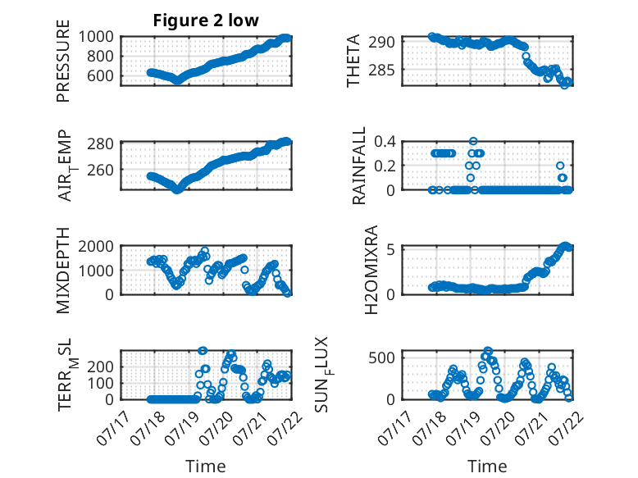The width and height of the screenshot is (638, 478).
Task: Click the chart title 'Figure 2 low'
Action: pos(206,20)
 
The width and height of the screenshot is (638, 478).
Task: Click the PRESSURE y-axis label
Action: pos(63,61)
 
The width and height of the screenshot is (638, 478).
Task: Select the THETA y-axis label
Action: pos(353,61)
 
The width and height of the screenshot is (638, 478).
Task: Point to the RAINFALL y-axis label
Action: pos(359,166)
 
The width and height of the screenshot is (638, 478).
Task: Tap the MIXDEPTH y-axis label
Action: pos(63,271)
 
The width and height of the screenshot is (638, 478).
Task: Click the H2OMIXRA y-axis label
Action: pos(371,270)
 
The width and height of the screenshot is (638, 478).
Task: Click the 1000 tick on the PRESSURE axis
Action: pos(96,37)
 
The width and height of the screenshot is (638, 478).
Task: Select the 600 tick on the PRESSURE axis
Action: pos(100,75)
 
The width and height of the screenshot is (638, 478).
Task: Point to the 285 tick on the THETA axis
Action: pos(381,70)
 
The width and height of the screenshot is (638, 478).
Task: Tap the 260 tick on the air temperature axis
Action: pos(100,170)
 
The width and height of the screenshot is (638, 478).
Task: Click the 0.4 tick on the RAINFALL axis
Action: pos(385,142)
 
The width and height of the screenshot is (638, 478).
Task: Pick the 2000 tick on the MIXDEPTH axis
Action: pos(96,246)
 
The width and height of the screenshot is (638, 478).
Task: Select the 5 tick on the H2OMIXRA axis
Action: pos(390,249)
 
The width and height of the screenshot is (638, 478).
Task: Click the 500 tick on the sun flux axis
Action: pos(381,357)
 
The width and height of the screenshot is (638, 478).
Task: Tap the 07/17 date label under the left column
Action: pos(112,428)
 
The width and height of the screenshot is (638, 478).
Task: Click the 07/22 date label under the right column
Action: pos(566,428)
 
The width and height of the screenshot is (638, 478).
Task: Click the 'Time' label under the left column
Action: pos(206,466)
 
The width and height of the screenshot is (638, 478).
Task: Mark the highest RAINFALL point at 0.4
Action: pos(473,141)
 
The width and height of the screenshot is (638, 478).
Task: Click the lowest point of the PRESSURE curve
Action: pos(177,80)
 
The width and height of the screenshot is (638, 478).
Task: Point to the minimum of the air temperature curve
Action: pos(176,189)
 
